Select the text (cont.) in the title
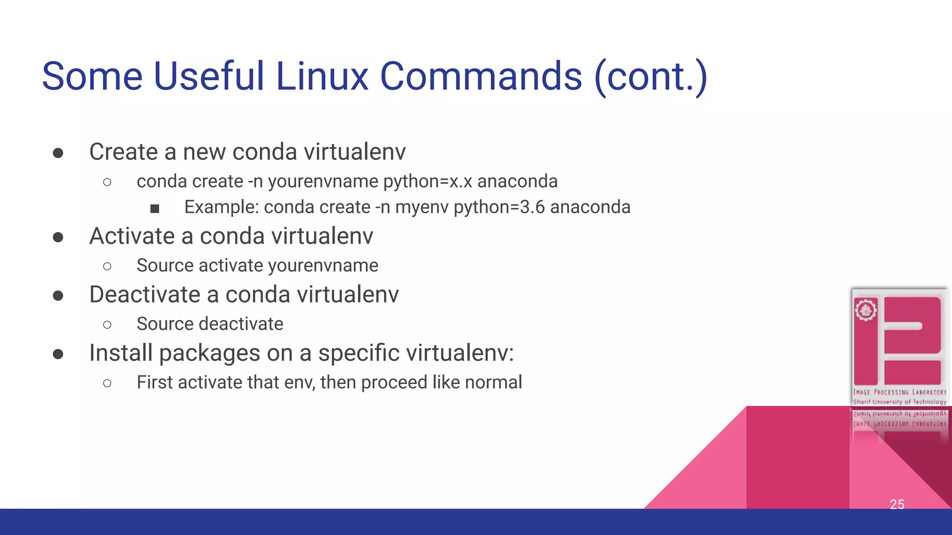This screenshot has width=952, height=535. tap(651, 77)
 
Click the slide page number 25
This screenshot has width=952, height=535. tap(897, 504)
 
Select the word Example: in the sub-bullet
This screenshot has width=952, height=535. tap(221, 207)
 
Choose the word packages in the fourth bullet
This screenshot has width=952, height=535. tap(210, 353)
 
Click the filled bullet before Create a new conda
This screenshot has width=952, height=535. tap(58, 153)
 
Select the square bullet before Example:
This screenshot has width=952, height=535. tap(155, 209)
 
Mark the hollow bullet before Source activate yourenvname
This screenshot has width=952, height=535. tap(107, 267)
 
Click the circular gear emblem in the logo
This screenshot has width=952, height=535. tap(866, 310)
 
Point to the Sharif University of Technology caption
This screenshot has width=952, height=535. tap(899, 402)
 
